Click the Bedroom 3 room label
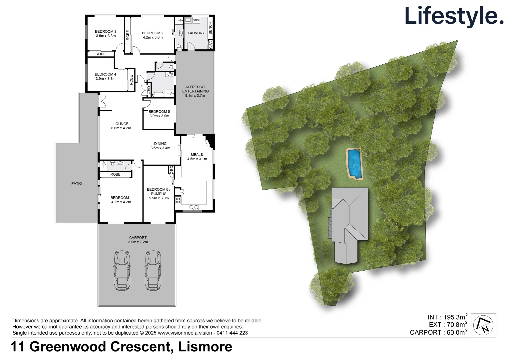pos(106,32)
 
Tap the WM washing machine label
pos(196,20)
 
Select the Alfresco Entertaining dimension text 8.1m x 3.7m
pos(195,96)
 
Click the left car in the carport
pos(122,270)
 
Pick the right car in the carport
pos(153,270)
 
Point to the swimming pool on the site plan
pos(354,163)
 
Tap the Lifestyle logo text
pos(454,16)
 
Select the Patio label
pos(77,184)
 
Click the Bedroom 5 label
pos(159,112)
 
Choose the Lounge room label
pos(121,124)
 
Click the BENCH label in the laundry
pos(210,28)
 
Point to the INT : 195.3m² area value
pos(447,317)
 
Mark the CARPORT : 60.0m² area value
pos(438,332)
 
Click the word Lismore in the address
pos(205,347)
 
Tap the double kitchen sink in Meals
pos(194,207)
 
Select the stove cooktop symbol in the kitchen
pos(178,200)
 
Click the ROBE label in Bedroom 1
pos(115,175)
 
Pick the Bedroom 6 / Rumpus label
pos(159,192)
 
